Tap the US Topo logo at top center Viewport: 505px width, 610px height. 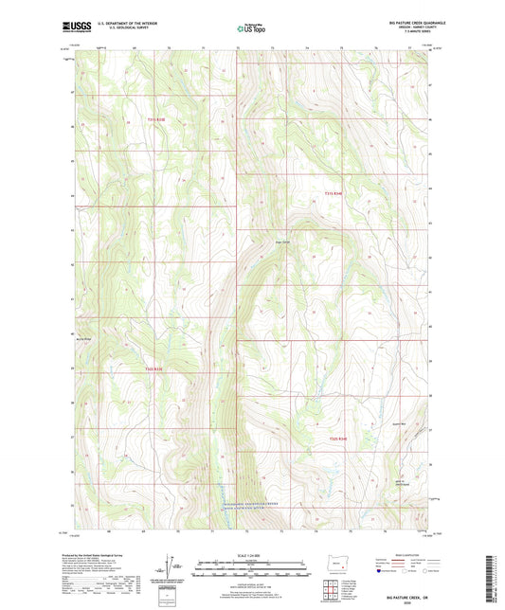(x=251, y=28)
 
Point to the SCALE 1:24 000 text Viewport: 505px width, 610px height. (x=251, y=555)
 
